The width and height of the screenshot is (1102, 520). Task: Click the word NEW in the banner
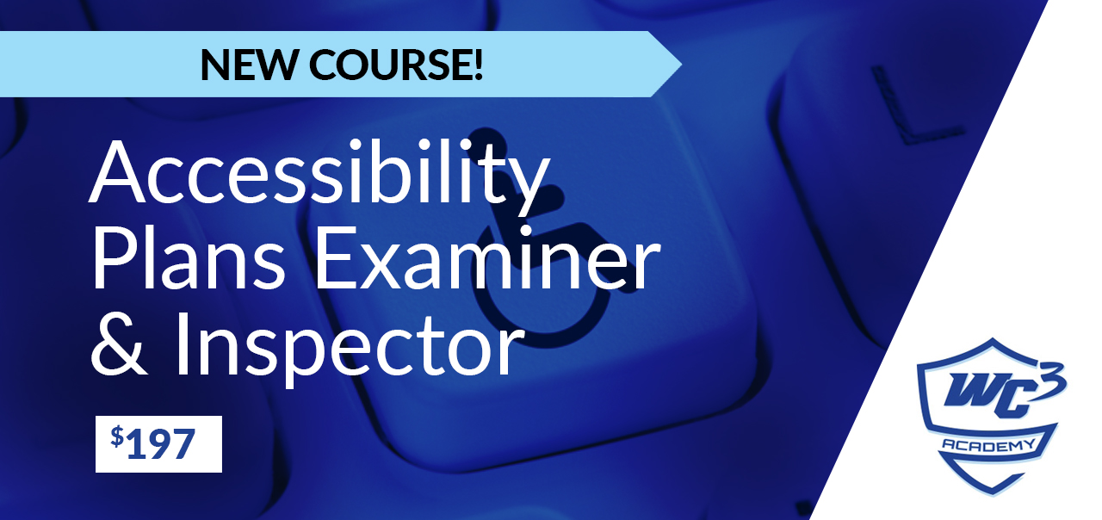(x=250, y=65)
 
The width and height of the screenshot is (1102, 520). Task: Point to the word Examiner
(x=486, y=258)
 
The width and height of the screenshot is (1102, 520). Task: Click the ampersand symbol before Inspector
(x=119, y=344)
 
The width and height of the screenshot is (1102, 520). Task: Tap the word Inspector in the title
(x=350, y=348)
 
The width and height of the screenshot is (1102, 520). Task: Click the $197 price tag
(x=158, y=443)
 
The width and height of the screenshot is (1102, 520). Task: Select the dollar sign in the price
(x=117, y=436)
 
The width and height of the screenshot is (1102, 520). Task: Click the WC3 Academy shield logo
(x=990, y=416)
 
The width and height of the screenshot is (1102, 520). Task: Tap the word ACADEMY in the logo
(x=989, y=445)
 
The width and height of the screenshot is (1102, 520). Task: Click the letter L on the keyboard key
(x=915, y=106)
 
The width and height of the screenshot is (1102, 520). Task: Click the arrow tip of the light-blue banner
(x=681, y=64)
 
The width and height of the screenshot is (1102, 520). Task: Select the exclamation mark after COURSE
(x=478, y=65)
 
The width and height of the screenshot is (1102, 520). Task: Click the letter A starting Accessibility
(x=118, y=172)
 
